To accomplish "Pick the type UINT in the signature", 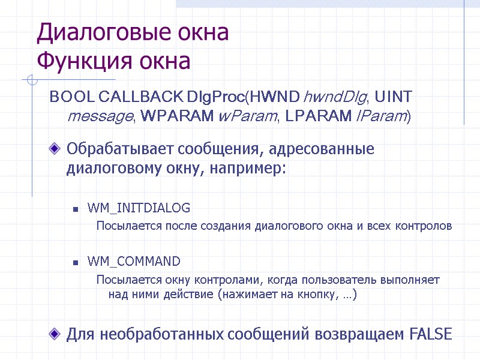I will point(393,97).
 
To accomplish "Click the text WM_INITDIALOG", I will point(139,208).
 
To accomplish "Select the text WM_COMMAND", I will point(134,261).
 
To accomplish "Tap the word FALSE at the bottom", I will point(431,334).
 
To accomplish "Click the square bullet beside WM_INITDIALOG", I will point(76,209).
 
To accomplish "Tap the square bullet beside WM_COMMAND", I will point(76,262).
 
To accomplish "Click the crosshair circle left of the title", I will point(32,80).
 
